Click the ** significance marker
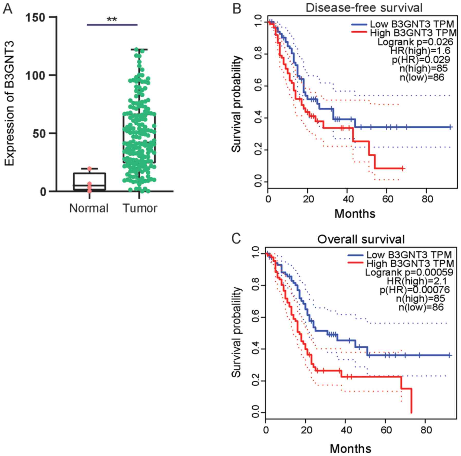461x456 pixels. [112, 20]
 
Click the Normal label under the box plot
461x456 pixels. [89, 208]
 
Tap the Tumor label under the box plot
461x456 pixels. [140, 208]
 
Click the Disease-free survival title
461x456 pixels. [364, 8]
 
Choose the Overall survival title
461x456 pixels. [361, 239]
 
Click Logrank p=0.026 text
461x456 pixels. [415, 42]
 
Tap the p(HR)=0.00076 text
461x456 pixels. [415, 290]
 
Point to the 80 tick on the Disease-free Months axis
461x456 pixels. [427, 199]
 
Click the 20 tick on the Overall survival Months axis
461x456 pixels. [306, 430]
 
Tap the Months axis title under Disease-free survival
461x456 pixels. [355, 214]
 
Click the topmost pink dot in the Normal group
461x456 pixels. [89, 169]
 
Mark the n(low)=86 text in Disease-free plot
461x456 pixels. [422, 77]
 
